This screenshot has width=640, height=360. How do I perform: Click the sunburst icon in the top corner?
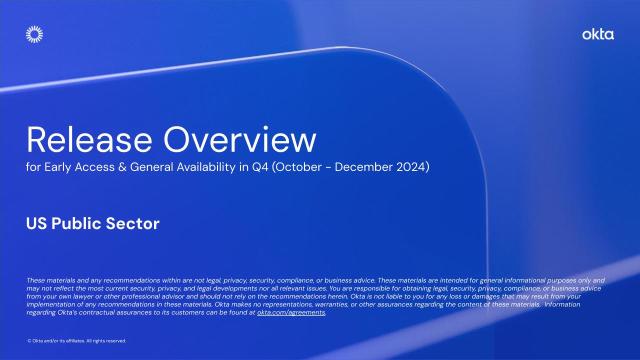pos(34,34)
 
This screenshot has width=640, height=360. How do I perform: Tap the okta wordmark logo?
pos(598,34)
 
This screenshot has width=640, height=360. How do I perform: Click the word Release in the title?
pos(89,140)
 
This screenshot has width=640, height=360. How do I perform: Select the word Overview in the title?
pos(239,140)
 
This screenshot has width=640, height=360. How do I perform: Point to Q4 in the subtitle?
pos(260,167)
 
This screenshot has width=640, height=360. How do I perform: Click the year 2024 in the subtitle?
pos(411,167)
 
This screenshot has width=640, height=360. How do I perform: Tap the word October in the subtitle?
pos(298,167)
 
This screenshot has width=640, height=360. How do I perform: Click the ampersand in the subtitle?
pos(122,167)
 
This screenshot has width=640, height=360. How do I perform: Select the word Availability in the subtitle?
pos(206,167)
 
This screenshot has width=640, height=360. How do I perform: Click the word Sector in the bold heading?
pos(132,223)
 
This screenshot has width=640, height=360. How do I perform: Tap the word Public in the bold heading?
pos(76,223)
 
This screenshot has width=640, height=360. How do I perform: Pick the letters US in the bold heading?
pos(36,223)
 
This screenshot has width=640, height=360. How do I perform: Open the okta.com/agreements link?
pos(291,312)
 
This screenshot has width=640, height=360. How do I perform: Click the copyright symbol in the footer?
pos(29,341)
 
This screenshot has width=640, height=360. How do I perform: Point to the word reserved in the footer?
pos(116,341)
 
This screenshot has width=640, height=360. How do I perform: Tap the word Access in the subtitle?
pos(94,167)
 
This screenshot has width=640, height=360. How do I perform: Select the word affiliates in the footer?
pos(75,341)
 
